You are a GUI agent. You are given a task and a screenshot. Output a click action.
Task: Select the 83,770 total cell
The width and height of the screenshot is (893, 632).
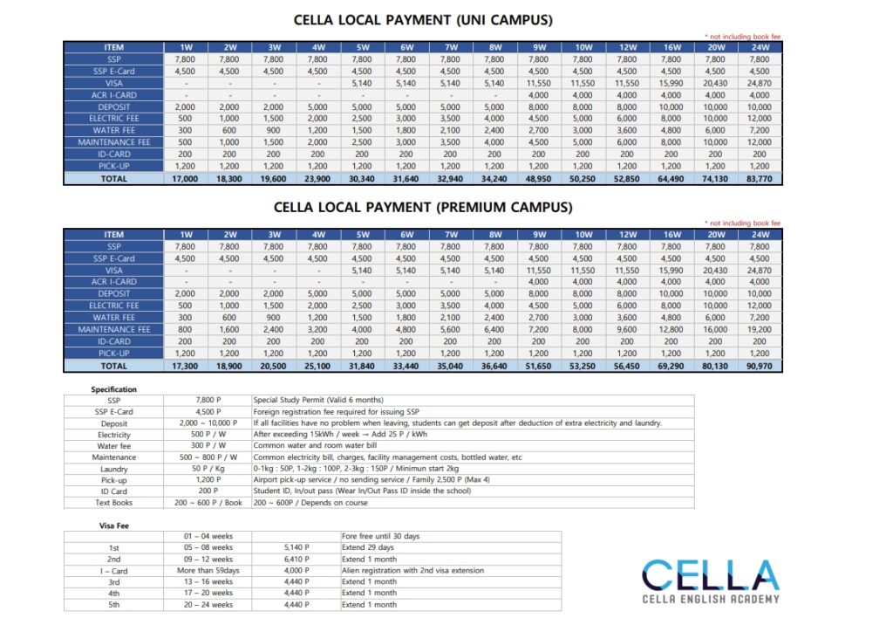tap(760, 178)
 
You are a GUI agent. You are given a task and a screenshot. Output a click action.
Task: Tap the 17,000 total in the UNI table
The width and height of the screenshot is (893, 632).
tap(185, 178)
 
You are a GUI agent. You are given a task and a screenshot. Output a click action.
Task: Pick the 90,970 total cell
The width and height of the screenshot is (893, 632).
tap(760, 366)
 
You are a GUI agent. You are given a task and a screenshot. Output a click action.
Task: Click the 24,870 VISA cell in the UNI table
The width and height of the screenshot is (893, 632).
tap(760, 83)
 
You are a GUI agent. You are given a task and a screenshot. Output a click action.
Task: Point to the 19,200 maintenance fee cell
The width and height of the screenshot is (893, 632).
tap(760, 330)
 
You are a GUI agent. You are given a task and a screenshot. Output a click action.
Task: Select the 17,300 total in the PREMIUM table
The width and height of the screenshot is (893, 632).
tap(185, 366)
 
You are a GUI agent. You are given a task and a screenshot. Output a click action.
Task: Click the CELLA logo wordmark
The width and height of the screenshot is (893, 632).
tap(710, 576)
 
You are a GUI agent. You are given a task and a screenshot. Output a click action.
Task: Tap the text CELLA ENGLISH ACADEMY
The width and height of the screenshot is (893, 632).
tap(710, 599)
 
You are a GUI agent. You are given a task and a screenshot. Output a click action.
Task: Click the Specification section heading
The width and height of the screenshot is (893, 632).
tap(114, 389)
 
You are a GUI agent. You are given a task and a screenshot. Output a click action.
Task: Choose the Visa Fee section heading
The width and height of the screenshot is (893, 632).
tap(114, 526)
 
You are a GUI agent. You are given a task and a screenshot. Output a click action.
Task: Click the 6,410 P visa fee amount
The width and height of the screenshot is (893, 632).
tap(297, 559)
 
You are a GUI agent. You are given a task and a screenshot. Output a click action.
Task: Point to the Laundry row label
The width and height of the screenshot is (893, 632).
tap(114, 469)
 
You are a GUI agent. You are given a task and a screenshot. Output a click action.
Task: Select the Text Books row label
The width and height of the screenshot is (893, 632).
tap(114, 503)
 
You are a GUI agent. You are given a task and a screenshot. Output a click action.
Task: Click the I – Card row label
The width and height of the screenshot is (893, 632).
tap(114, 570)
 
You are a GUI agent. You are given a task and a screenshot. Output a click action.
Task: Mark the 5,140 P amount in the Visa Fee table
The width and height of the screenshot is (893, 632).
tap(297, 547)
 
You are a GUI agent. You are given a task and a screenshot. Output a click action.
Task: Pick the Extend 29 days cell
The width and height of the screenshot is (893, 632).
tap(366, 547)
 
